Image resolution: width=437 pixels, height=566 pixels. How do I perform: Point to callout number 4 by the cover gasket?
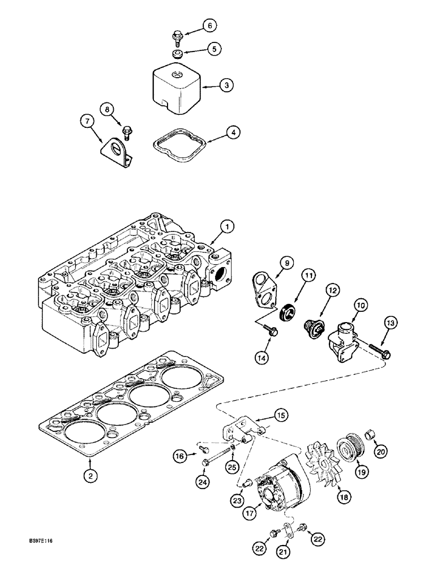(232, 132)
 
